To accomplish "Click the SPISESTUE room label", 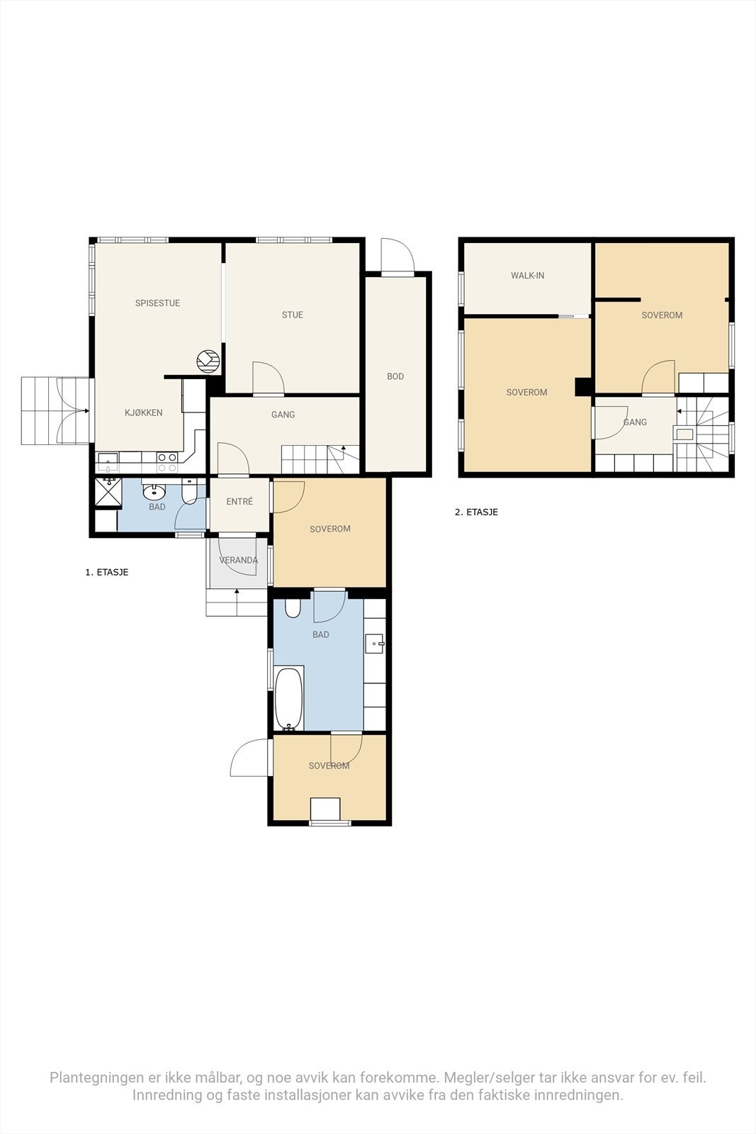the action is (157, 303).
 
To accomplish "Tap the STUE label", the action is (293, 315).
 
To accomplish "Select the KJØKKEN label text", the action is (144, 412).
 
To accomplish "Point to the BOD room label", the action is (395, 376).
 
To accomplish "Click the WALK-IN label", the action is (527, 276).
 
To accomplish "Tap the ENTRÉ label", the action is (239, 501).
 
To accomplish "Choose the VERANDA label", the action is (238, 560).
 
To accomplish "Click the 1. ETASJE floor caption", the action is (107, 572).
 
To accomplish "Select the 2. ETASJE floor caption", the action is (476, 512).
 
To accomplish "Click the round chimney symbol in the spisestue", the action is (208, 361).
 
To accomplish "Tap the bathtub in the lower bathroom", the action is (289, 699).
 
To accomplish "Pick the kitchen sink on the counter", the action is (108, 458).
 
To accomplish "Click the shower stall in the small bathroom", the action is (108, 492).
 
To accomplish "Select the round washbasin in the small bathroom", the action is (154, 492).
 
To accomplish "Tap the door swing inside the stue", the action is (269, 378).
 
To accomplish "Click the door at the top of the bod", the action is (397, 256).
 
